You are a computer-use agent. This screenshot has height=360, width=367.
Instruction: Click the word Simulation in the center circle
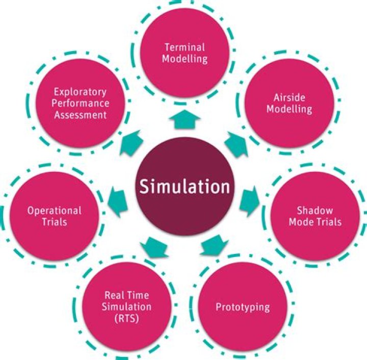185,187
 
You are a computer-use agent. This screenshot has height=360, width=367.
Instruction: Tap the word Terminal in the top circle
185,47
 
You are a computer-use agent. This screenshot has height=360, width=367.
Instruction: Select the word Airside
285,98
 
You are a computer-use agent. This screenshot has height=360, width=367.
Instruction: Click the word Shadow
315,211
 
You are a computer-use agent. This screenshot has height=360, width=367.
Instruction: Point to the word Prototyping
242,307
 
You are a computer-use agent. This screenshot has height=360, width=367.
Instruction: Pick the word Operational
55,210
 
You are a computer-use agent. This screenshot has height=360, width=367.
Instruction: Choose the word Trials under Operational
55,222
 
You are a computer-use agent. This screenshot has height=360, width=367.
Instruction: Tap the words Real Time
127,295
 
